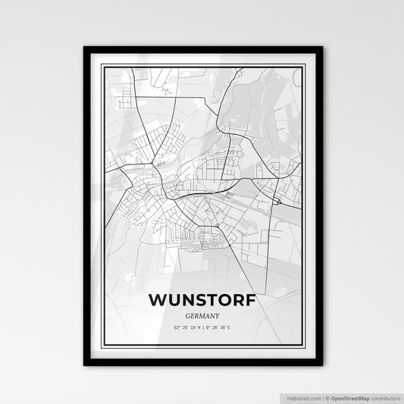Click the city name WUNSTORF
coord(202,299)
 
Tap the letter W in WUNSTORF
coord(158,299)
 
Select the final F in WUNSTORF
coord(249,299)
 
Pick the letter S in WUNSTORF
coord(196,299)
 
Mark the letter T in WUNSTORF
coord(208,299)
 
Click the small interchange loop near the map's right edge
coord(279,201)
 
